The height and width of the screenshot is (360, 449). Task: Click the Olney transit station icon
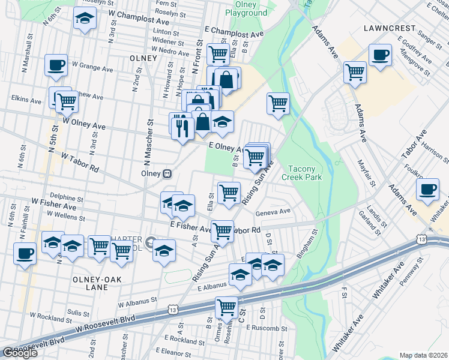click(x=168, y=173)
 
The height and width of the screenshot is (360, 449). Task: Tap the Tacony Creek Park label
click(x=306, y=173)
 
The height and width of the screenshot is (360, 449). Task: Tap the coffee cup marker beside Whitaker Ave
click(x=428, y=190)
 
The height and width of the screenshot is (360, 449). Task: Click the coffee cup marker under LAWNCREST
click(x=379, y=56)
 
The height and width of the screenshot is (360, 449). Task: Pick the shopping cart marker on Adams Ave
click(x=355, y=72)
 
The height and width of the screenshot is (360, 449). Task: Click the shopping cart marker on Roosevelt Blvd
click(x=227, y=308)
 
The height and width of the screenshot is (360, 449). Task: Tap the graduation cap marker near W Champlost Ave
click(x=85, y=19)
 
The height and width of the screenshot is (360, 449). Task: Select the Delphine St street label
click(x=66, y=197)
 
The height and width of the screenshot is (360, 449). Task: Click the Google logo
click(x=20, y=352)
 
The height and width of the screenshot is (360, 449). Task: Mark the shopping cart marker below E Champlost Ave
click(x=217, y=54)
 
